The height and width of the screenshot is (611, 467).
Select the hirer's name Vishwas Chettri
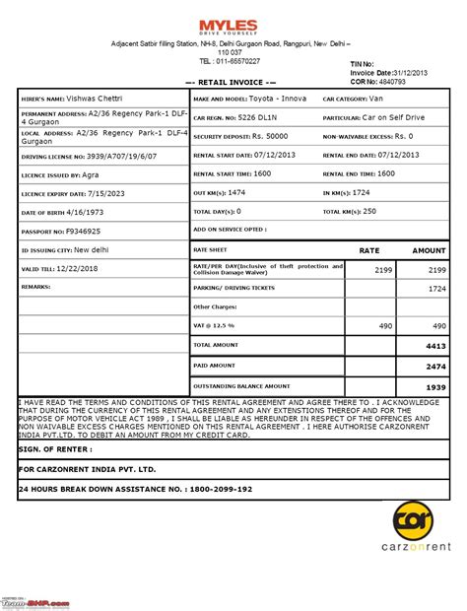[x=98, y=100]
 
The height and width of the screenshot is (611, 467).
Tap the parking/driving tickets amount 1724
[x=434, y=288]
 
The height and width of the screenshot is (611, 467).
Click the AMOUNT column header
[x=430, y=251]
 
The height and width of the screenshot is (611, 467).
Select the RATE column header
[x=368, y=251]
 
